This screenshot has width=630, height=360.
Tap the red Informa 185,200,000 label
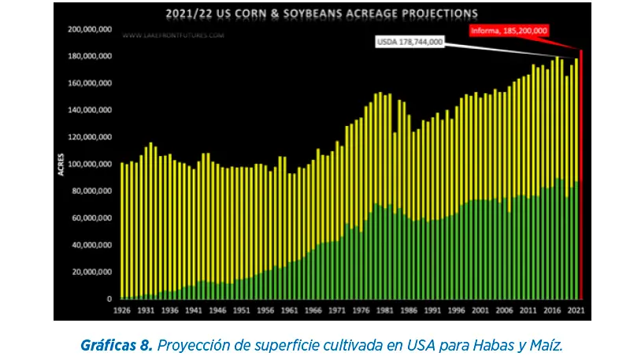(x=509, y=31)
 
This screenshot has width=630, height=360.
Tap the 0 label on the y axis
(x=110, y=299)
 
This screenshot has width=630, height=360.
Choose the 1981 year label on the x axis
(x=385, y=310)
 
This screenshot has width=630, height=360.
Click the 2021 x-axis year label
(x=576, y=310)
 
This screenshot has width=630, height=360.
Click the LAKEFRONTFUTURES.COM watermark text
(x=174, y=35)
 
